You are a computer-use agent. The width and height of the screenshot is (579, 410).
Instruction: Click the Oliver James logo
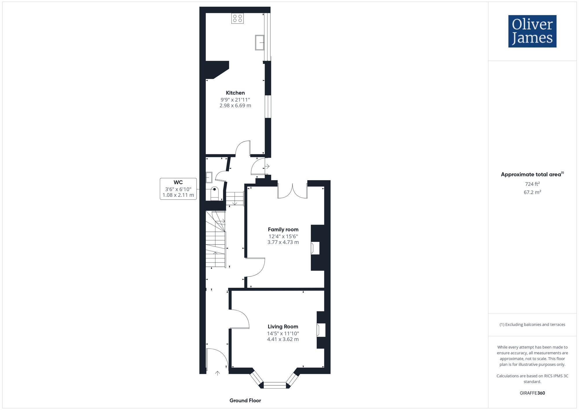(x=532, y=31)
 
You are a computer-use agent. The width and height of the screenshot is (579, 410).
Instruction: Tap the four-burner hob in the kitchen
(x=237, y=18)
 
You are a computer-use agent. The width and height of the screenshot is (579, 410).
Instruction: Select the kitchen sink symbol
(x=260, y=42)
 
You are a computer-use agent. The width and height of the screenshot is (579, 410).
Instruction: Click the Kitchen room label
(x=235, y=93)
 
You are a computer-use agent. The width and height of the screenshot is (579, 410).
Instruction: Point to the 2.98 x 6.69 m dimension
(x=235, y=105)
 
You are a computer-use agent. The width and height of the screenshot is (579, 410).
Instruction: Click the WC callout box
(x=178, y=189)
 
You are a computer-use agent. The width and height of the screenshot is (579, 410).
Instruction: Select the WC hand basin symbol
(x=209, y=177)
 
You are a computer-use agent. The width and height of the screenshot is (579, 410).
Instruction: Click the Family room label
(x=283, y=229)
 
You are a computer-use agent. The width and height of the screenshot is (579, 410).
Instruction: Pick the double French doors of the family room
(x=292, y=191)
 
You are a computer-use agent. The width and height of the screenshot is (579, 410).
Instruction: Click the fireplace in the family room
(x=315, y=248)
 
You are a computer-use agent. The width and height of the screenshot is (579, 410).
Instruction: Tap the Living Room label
(x=283, y=327)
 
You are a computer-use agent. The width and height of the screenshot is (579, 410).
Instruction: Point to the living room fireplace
(x=321, y=330)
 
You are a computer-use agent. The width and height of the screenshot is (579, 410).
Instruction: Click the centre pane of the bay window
(x=275, y=385)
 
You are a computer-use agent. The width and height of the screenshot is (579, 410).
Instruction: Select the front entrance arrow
(x=217, y=373)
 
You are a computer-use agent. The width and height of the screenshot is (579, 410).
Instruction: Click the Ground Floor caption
(x=245, y=400)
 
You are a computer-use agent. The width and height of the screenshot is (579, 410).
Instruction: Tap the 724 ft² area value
(x=532, y=184)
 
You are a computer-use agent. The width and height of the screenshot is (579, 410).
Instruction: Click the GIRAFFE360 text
(x=532, y=393)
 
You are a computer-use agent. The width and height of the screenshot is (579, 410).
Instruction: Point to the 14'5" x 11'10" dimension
(x=283, y=334)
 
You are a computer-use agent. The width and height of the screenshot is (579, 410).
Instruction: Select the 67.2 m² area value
(x=532, y=192)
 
